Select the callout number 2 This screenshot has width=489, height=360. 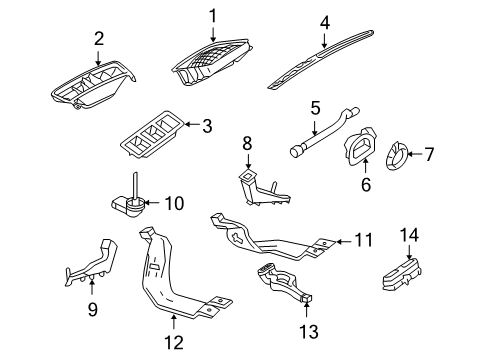click(x=99, y=39)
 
